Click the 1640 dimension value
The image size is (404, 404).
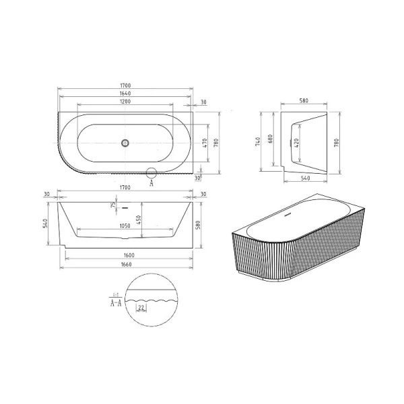click(125, 94)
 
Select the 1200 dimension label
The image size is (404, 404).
click(125, 101)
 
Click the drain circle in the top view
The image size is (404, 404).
click(125, 143)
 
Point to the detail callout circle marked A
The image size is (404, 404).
click(151, 172)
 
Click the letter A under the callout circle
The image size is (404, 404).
click(151, 182)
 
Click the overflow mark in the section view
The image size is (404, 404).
click(125, 205)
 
